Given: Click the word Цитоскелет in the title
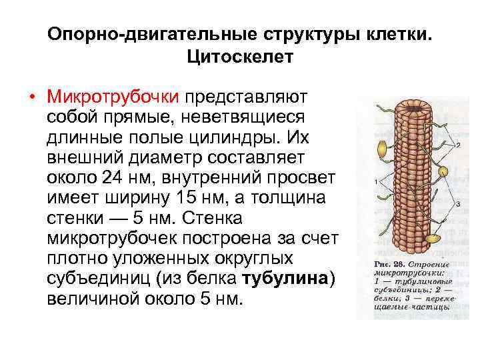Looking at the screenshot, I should pyautogui.click(x=240, y=58).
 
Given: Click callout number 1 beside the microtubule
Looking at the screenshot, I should pyautogui.click(x=377, y=181).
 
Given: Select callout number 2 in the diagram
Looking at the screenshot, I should pyautogui.click(x=459, y=145).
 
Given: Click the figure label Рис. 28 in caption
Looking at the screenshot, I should pyautogui.click(x=385, y=263).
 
